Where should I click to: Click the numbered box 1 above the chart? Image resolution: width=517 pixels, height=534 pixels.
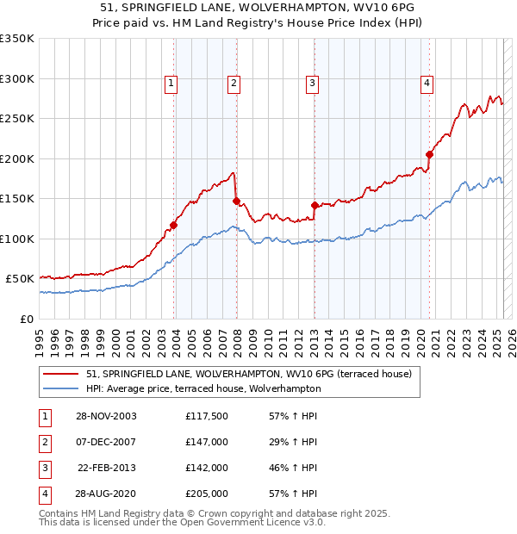coord(171,84)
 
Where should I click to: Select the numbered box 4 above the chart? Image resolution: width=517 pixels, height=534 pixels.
coord(427,84)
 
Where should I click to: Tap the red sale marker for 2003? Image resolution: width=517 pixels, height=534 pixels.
coord(173,226)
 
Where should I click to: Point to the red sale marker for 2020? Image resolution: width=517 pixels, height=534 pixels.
coord(429,155)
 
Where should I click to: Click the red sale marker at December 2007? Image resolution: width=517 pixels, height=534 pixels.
coord(236,201)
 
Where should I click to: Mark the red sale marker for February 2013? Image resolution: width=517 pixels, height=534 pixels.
coord(315,205)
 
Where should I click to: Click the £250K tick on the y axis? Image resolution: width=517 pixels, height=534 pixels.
coord(17,119)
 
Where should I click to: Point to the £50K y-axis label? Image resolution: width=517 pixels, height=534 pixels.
coord(19,279)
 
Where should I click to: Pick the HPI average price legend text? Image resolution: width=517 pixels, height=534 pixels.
coord(202,388)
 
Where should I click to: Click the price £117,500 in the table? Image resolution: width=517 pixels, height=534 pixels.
coord(206,416)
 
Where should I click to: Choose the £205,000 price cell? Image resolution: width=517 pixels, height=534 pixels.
coord(206,494)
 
